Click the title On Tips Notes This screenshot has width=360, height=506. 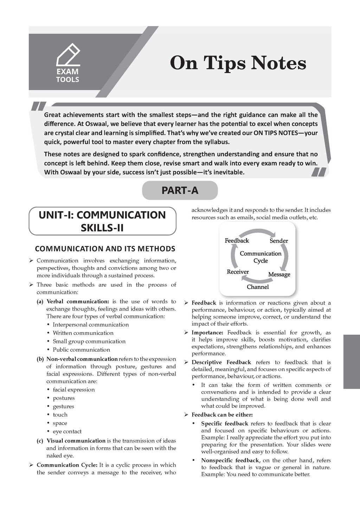click(238, 64)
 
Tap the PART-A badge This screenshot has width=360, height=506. click(180, 190)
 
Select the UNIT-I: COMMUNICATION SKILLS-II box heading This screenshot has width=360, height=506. click(102, 221)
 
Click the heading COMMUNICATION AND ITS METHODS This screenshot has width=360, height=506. click(105, 249)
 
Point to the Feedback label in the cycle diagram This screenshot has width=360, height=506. click(237, 241)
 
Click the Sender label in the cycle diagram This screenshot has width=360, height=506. click(279, 241)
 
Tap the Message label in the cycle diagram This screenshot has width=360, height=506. click(279, 274)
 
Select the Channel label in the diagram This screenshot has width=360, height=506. click(258, 287)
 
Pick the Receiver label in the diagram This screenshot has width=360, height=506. click(238, 272)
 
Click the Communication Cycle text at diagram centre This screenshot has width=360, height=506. click(261, 257)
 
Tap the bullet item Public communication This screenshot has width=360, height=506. click(81, 350)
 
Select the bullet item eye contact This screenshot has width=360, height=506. click(67, 432)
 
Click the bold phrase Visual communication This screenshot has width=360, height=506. click(76, 441)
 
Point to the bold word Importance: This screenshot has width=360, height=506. click(207, 332)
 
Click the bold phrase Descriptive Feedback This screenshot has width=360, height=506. click(221, 362)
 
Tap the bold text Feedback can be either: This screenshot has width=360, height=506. click(222, 415)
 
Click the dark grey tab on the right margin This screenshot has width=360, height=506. click(351, 362)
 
